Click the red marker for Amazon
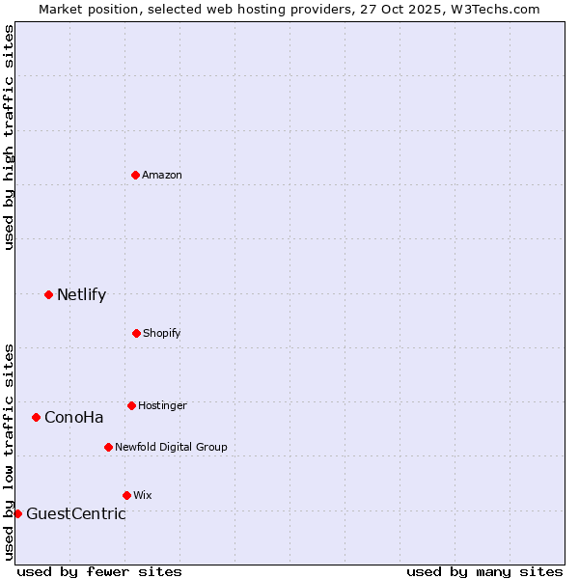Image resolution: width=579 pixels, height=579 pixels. click(x=135, y=175)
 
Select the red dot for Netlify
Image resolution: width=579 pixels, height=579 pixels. click(x=48, y=294)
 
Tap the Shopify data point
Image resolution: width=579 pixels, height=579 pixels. click(x=136, y=333)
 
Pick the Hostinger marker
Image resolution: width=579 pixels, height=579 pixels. click(x=131, y=405)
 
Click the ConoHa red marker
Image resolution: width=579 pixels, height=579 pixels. click(x=36, y=417)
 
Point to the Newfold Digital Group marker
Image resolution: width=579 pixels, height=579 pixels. click(x=108, y=447)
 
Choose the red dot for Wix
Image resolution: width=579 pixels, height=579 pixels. click(x=126, y=495)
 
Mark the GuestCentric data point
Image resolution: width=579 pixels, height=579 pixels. click(x=17, y=513)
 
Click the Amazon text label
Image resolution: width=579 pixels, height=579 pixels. click(x=162, y=175)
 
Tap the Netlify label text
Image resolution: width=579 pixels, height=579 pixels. click(x=81, y=295)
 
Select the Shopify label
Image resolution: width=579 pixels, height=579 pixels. click(x=162, y=333)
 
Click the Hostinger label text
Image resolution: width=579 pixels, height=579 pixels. click(x=162, y=405)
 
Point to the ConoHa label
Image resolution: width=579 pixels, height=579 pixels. click(x=73, y=418)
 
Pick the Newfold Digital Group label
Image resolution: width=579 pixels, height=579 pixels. click(x=171, y=447)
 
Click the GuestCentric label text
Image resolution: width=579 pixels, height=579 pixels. click(x=75, y=514)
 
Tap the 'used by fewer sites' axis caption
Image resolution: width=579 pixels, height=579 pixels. click(x=99, y=571)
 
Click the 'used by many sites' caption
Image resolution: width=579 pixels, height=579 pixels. click(x=484, y=571)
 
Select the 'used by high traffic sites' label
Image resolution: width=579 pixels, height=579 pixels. click(x=9, y=137)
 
